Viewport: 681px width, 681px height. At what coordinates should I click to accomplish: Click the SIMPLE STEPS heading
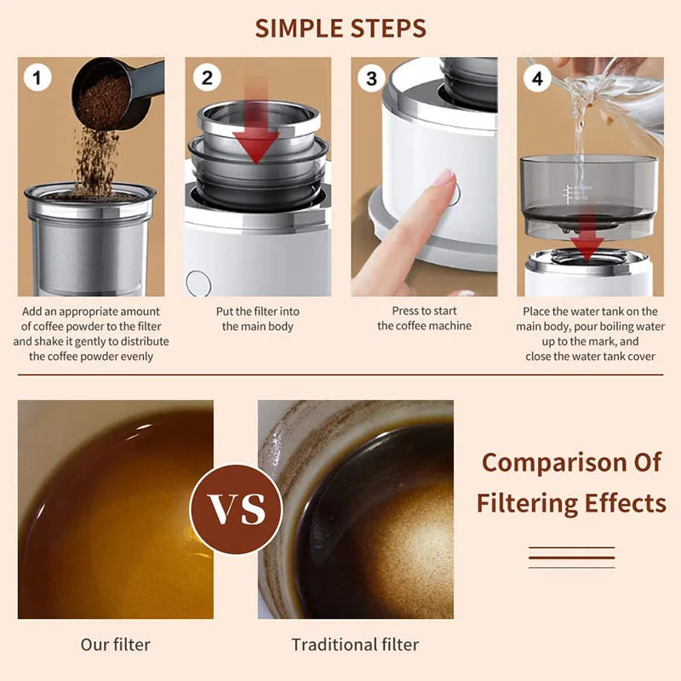(340, 27)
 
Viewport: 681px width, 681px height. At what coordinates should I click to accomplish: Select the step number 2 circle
(207, 77)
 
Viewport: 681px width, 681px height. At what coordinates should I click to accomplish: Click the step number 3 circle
(371, 78)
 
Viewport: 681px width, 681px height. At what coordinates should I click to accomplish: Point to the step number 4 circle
(536, 78)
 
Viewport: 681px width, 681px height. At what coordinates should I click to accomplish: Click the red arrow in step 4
(587, 243)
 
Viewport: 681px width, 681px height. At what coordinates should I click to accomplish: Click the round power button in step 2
(198, 283)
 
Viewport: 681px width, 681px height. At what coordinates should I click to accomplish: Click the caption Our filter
(115, 644)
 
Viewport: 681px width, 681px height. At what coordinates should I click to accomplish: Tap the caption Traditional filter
(355, 644)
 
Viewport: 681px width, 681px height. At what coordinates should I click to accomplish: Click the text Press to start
(424, 311)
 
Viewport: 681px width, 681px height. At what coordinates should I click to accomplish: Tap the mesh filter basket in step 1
(89, 247)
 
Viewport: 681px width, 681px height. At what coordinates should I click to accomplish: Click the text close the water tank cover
(591, 356)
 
